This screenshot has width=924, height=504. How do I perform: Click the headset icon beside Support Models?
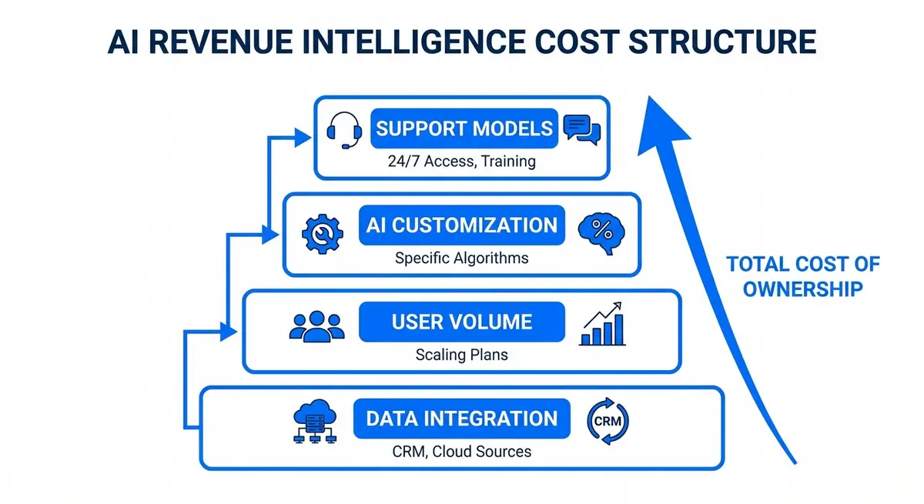pyautogui.click(x=344, y=130)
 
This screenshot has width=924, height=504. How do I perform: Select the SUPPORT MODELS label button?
pyautogui.click(x=464, y=128)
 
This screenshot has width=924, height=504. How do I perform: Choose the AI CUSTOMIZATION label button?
pyautogui.click(x=462, y=225)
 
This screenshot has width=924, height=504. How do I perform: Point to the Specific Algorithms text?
pyautogui.click(x=462, y=258)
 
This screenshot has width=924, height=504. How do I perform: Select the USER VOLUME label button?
pyautogui.click(x=462, y=322)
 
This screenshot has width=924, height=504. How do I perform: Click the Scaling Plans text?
pyautogui.click(x=462, y=355)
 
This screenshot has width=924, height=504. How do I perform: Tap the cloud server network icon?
pyautogui.click(x=314, y=422)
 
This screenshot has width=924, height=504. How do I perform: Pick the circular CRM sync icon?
pyautogui.click(x=608, y=420)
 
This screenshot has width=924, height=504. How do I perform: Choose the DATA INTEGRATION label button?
pyautogui.click(x=462, y=419)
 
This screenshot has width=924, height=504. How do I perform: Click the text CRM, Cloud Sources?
pyautogui.click(x=462, y=451)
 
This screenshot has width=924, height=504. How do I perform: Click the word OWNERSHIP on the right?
pyautogui.click(x=802, y=290)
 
